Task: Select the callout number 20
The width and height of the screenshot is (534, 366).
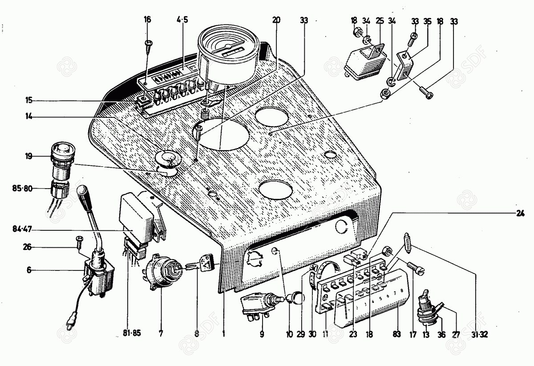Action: [x=276, y=20]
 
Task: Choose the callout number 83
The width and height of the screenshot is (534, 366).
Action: [x=396, y=333]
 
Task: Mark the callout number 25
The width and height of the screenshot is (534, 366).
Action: [x=379, y=20]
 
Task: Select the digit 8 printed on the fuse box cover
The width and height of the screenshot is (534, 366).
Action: [x=402, y=291]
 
